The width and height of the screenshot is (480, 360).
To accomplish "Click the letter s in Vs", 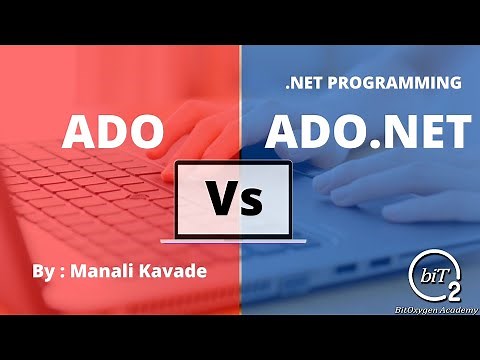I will click(252, 204).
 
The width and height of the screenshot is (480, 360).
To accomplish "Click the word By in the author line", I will click(43, 270).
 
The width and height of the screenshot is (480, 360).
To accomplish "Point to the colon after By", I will click(63, 272).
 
